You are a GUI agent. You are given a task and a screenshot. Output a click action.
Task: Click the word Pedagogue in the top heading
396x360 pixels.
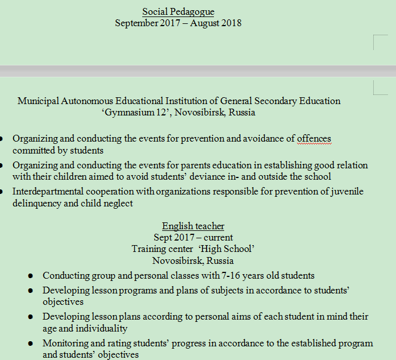(x=193, y=12)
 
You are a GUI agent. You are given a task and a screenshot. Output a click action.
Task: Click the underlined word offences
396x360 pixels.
(x=313, y=139)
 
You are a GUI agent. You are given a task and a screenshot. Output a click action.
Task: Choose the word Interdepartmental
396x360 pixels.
(x=49, y=192)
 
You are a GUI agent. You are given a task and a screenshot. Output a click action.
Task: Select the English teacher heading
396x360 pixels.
(x=193, y=226)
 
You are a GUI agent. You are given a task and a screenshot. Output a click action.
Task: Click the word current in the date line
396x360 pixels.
(x=217, y=238)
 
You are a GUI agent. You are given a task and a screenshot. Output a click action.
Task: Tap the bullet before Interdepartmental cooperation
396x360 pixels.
(x=1, y=192)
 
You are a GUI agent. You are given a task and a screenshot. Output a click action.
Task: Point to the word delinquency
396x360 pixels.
(x=38, y=204)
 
